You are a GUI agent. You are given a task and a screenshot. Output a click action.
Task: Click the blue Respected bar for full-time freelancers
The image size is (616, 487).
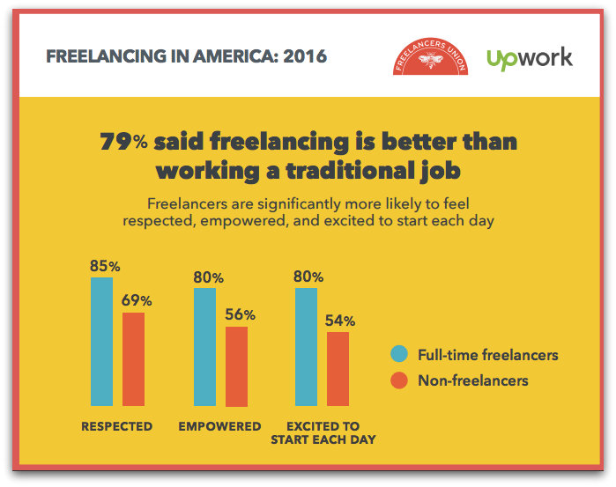pyautogui.click(x=102, y=341)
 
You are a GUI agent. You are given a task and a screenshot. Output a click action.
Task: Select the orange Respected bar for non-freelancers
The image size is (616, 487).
pyautogui.click(x=133, y=358)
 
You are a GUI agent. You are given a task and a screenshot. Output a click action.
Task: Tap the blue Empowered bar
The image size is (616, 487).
pyautogui.click(x=204, y=347)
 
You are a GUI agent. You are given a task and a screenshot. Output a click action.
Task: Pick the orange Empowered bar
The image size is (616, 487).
pyautogui.click(x=236, y=365)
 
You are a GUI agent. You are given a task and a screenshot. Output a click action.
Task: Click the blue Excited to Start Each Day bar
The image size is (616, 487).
pyautogui.click(x=306, y=347)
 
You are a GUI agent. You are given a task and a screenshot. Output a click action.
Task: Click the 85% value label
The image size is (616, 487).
pyautogui.click(x=104, y=265)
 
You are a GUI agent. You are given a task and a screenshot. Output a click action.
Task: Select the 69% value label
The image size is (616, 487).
pyautogui.click(x=136, y=300)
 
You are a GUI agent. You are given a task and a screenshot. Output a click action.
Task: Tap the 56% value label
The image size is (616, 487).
pyautogui.click(x=239, y=314)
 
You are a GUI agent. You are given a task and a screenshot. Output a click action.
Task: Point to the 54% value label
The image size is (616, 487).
pyautogui.click(x=339, y=320)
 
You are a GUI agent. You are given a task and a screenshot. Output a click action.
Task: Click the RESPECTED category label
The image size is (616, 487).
pyautogui.click(x=116, y=426)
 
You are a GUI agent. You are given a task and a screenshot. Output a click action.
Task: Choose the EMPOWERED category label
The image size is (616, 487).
pyautogui.click(x=219, y=426)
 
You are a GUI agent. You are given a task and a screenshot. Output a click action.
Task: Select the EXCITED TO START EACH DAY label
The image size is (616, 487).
pyautogui.click(x=323, y=432)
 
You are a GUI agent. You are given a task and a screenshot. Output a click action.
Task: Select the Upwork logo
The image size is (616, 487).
pyautogui.click(x=529, y=58)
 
